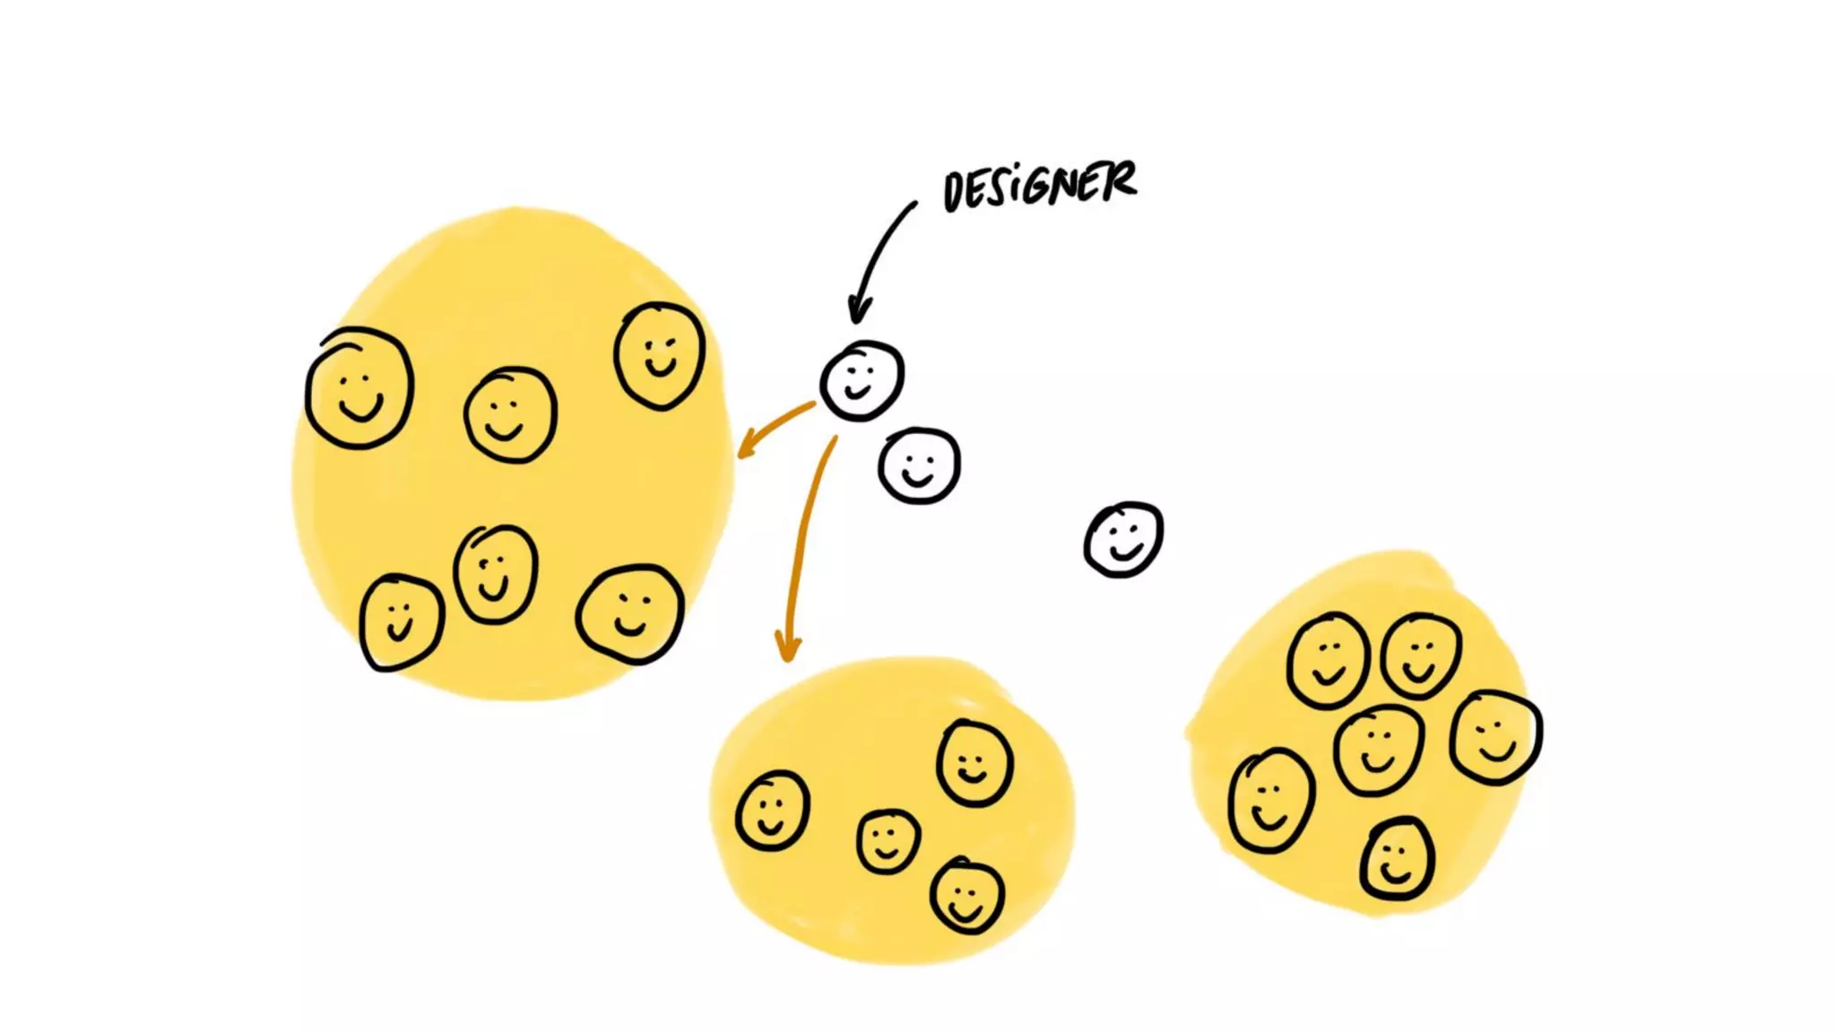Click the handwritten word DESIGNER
coord(1040,186)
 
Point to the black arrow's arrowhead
coord(859,311)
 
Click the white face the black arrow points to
coord(862,380)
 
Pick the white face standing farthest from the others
coord(1123,539)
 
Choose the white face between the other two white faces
coord(919,465)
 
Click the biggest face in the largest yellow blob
coord(359,387)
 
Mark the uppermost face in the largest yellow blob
coord(660,355)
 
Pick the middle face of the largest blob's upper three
coord(510,414)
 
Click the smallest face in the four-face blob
coord(888,841)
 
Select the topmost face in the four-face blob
coord(974,763)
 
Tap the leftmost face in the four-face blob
coord(772,811)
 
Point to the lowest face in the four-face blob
coord(966,896)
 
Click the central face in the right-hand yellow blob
coord(1378,750)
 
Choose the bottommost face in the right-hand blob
coord(1396,859)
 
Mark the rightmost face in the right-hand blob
coord(1495,737)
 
